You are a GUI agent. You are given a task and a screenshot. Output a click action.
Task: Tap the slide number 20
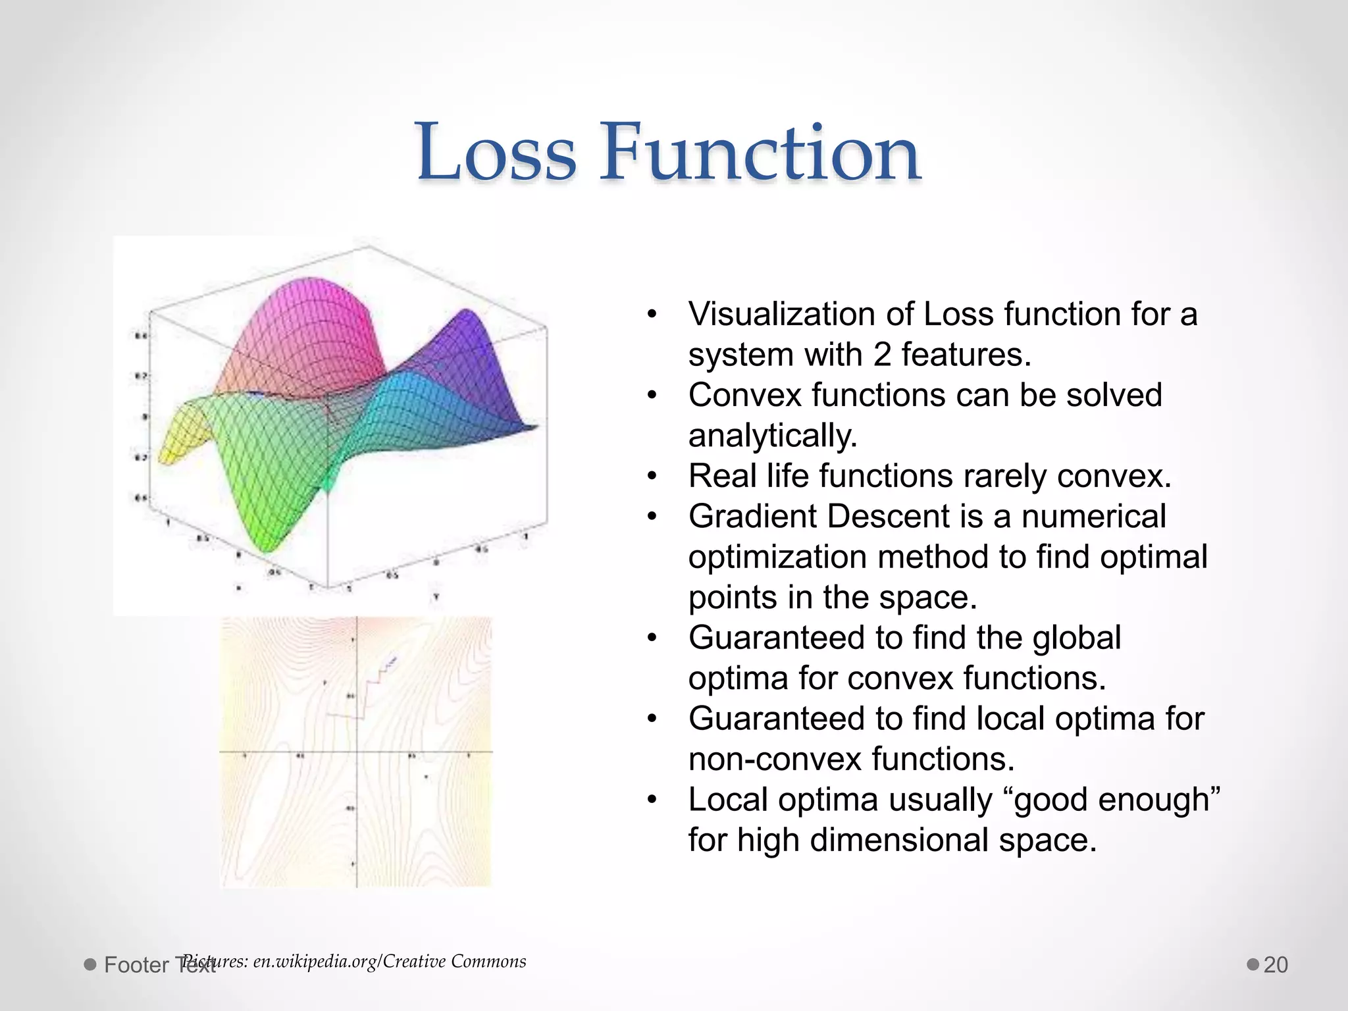click(1276, 965)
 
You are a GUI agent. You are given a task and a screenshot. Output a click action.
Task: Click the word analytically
click(773, 436)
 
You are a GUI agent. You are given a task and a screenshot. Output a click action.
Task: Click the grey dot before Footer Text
click(90, 965)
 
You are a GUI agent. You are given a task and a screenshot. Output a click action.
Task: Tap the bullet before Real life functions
click(652, 476)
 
